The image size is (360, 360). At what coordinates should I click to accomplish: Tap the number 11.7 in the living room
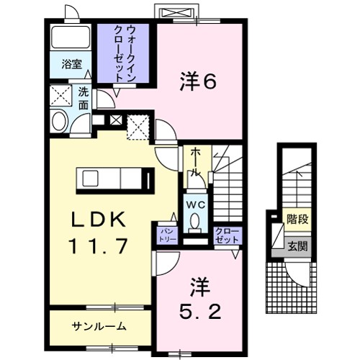(99, 246)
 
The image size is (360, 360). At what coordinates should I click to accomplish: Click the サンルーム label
(99, 326)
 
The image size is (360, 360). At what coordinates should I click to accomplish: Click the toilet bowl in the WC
(195, 223)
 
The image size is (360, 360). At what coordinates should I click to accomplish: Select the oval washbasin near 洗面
(60, 120)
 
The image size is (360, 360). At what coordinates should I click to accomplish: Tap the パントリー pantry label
(165, 234)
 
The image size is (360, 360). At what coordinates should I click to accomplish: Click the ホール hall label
(196, 162)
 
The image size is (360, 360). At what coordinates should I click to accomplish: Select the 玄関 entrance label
(296, 246)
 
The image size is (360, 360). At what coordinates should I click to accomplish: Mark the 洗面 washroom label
(84, 99)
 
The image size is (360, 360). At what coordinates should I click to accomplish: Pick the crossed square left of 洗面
(59, 95)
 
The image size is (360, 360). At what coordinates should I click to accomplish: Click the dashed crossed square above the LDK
(138, 128)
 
